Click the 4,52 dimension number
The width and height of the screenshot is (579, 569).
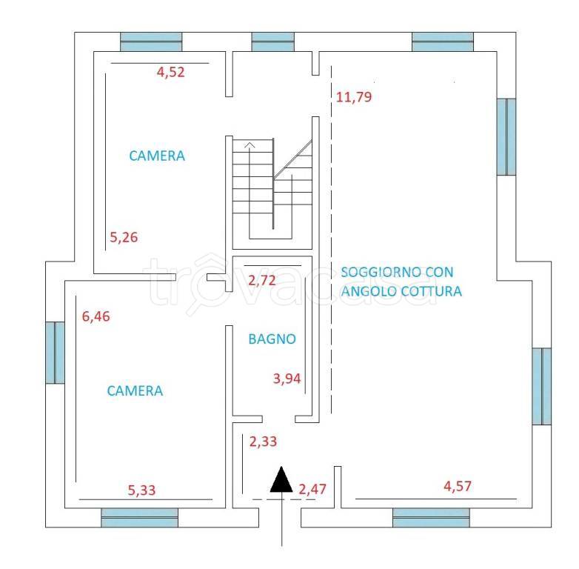(x=170, y=72)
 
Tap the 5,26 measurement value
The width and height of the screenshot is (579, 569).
(x=124, y=237)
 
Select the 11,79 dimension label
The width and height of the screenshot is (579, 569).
(x=354, y=97)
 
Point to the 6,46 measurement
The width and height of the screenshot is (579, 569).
(x=96, y=316)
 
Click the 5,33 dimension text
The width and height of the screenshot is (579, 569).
(x=142, y=490)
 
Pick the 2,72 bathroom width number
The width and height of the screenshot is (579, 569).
(x=262, y=281)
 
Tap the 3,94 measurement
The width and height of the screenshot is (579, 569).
(x=287, y=379)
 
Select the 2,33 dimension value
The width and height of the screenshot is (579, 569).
(x=263, y=442)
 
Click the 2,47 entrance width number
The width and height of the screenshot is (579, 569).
(x=312, y=489)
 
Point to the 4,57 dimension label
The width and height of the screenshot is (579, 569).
(x=458, y=486)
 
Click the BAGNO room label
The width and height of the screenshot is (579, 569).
(x=272, y=339)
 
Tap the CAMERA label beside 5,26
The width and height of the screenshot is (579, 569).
(x=157, y=156)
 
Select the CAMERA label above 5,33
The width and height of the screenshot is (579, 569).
(x=135, y=390)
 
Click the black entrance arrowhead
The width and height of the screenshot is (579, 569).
(x=282, y=479)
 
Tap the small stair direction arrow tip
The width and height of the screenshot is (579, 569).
(x=250, y=143)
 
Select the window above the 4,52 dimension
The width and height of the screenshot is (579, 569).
(x=151, y=41)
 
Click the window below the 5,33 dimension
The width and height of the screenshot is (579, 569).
(x=140, y=517)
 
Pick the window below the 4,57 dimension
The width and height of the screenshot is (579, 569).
(x=432, y=517)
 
